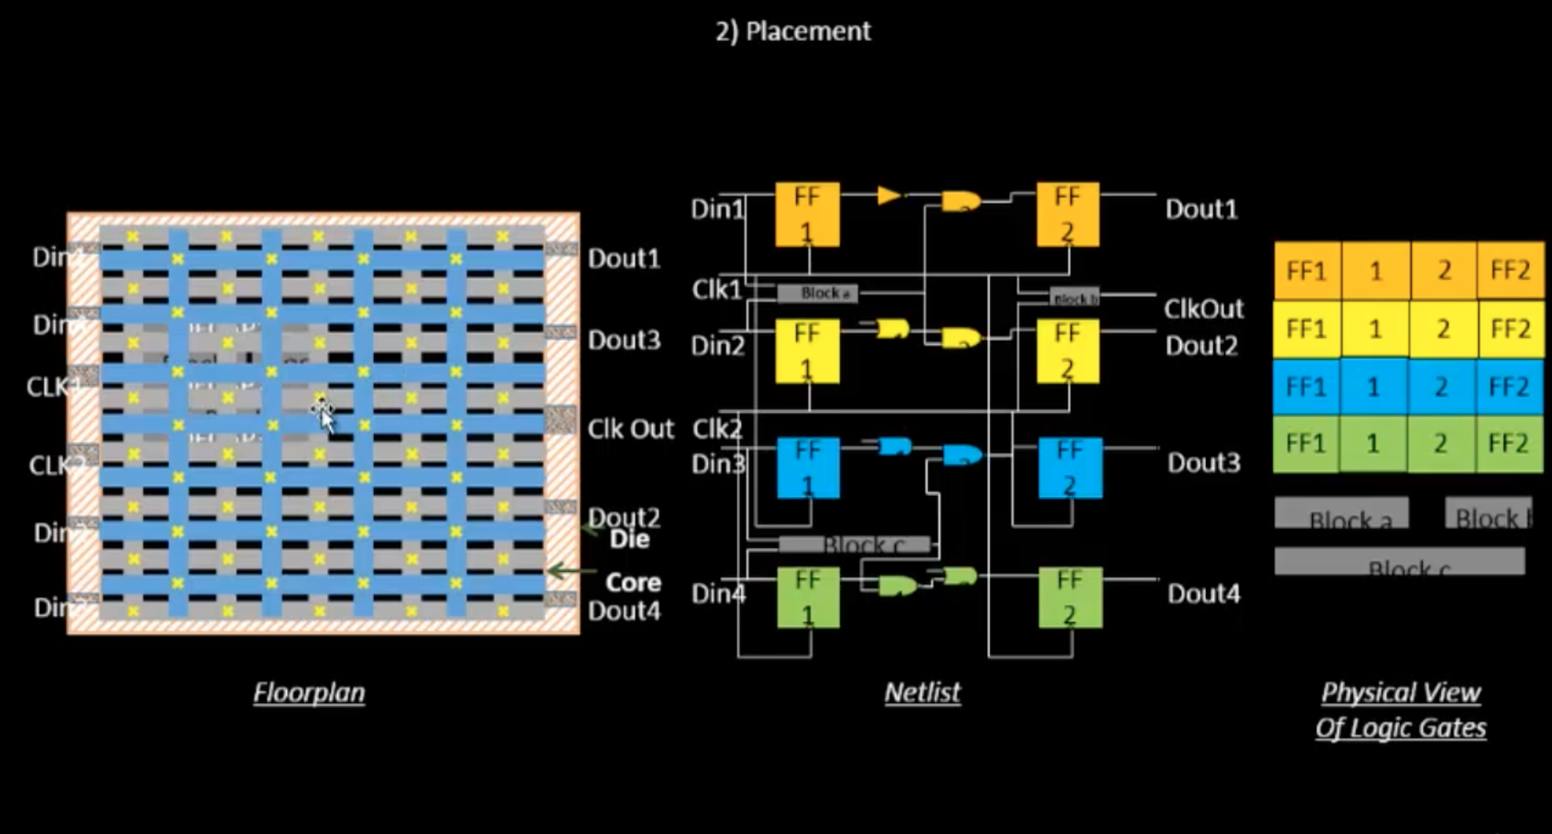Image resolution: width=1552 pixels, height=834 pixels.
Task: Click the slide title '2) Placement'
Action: click(x=792, y=31)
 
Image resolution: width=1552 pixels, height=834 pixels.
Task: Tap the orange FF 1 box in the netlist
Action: click(x=807, y=214)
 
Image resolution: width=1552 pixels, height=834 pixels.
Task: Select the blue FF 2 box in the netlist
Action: click(x=1069, y=468)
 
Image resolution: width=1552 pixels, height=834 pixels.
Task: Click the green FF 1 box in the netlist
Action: click(x=808, y=597)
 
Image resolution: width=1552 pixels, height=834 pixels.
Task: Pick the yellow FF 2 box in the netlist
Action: click(x=1068, y=351)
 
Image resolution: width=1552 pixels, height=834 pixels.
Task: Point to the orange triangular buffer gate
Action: click(x=888, y=195)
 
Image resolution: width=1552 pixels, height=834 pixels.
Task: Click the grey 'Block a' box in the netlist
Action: click(x=818, y=293)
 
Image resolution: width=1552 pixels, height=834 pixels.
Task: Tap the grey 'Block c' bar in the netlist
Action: click(x=855, y=545)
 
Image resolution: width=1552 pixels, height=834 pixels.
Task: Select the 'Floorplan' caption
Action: click(x=309, y=692)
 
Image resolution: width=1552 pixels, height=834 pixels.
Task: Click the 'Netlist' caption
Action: click(x=922, y=692)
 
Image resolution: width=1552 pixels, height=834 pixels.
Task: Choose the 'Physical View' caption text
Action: click(x=1400, y=693)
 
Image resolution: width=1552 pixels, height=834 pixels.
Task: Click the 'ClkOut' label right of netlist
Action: click(x=1203, y=308)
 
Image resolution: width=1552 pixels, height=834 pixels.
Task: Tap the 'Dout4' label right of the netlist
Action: click(x=1203, y=594)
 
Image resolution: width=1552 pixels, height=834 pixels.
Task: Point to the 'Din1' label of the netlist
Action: click(x=717, y=209)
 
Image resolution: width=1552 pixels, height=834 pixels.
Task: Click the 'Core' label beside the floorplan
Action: click(x=633, y=582)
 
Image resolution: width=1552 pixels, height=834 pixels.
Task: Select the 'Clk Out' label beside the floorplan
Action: click(x=630, y=429)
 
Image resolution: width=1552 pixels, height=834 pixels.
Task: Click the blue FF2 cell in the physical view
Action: click(x=1508, y=387)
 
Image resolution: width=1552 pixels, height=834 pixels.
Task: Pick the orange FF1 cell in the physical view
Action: click(x=1306, y=271)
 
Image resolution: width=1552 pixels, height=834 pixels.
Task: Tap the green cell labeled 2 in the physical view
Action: click(x=1440, y=443)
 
